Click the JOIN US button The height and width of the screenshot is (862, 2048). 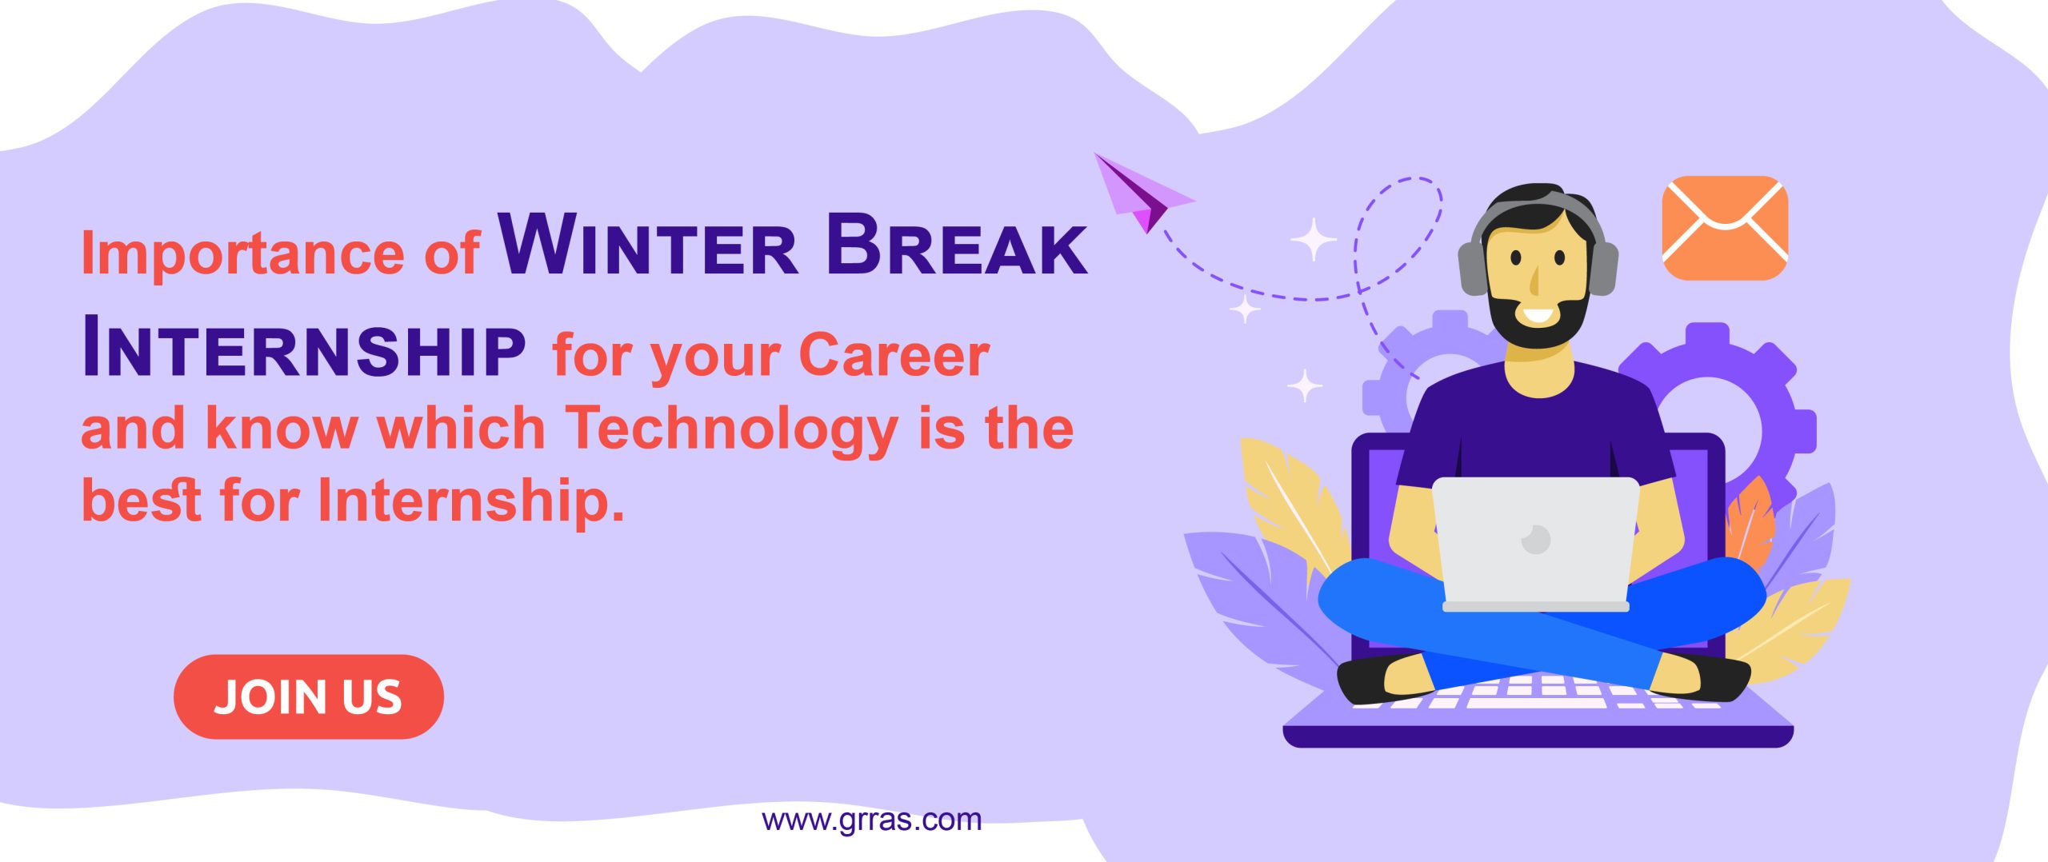tap(309, 696)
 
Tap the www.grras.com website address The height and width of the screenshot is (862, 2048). tap(871, 820)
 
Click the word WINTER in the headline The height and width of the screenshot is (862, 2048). tap(648, 245)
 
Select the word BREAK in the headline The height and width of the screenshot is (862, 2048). tap(956, 245)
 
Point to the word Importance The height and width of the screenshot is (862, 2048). tap(242, 253)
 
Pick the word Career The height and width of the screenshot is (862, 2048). tap(894, 353)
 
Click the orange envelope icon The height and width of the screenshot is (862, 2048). tap(1725, 228)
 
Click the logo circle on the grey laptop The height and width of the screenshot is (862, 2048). tap(1536, 540)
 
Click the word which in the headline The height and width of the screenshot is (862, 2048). tap(461, 427)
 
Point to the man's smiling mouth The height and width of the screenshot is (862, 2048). tap(1537, 314)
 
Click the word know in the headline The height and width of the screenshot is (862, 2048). tap(282, 427)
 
